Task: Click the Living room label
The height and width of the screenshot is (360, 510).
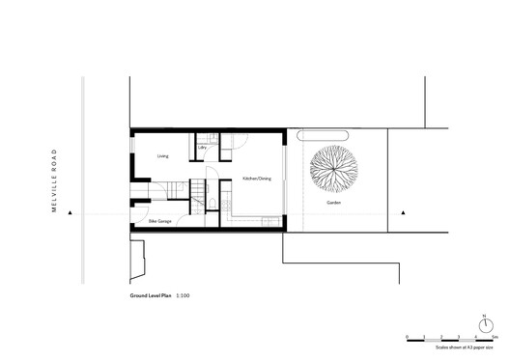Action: click(163, 153)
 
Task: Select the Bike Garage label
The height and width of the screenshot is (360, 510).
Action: click(160, 221)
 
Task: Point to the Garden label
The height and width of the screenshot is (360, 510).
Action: click(333, 204)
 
